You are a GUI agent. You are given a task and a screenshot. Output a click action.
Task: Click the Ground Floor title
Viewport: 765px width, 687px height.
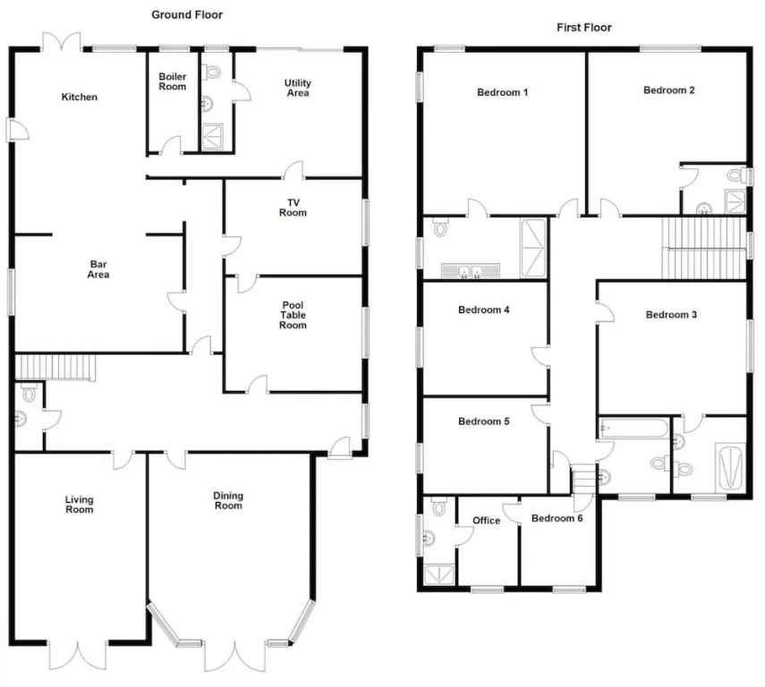click(187, 14)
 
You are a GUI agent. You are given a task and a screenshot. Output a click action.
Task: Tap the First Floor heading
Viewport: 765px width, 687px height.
click(584, 28)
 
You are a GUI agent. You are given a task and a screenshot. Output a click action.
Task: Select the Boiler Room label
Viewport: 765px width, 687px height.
click(173, 81)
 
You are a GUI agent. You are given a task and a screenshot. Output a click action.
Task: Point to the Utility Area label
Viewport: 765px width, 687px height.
click(298, 88)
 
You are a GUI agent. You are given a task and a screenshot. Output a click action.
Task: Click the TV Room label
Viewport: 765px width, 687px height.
click(293, 208)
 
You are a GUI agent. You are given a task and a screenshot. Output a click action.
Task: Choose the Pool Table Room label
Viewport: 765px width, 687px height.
click(293, 315)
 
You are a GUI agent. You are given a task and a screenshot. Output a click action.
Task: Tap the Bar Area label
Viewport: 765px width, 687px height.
click(98, 269)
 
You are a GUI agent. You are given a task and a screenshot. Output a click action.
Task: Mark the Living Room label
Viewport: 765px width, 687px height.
click(79, 505)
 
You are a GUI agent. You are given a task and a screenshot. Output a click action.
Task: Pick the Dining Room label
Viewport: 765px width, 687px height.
click(228, 501)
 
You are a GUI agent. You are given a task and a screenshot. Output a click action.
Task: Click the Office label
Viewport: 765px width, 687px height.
click(487, 521)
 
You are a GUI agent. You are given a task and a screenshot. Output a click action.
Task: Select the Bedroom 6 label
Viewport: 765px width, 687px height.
click(557, 518)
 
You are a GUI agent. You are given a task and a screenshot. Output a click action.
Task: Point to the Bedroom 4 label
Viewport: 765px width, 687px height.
click(484, 310)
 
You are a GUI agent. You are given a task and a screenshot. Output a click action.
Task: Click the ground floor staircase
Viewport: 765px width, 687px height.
click(55, 368)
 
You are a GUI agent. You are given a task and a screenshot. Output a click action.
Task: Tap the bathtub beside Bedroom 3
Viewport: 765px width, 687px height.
click(633, 428)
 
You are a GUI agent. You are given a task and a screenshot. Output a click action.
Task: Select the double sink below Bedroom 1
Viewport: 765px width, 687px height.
click(471, 271)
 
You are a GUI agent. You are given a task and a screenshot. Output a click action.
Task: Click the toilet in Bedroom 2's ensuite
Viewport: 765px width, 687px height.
click(736, 175)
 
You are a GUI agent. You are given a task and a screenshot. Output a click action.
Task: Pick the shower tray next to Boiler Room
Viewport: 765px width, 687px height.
click(212, 137)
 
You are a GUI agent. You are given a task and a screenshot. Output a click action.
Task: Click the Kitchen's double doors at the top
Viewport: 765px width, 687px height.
click(62, 41)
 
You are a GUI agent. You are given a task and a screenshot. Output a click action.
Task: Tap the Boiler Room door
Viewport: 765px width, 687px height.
click(171, 146)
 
